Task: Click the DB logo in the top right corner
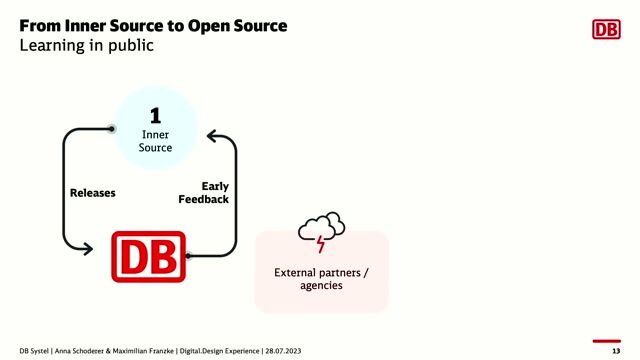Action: tap(606, 29)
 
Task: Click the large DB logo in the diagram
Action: tap(148, 256)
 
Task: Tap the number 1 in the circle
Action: tap(155, 115)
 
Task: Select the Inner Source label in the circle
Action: tap(155, 140)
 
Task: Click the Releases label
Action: tap(93, 193)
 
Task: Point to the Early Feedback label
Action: tap(206, 193)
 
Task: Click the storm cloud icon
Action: tap(321, 228)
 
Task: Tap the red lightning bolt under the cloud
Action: tap(320, 244)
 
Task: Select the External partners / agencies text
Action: tap(321, 278)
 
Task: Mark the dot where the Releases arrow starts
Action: tap(112, 129)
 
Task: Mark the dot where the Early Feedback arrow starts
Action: tap(189, 256)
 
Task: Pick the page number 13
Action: tap(615, 352)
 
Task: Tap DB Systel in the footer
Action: tap(39, 352)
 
